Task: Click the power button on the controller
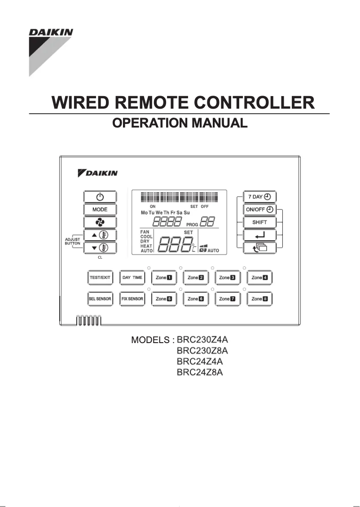[100, 197]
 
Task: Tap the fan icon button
[100, 222]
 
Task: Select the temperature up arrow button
[100, 235]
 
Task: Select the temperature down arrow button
[100, 247]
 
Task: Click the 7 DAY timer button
[260, 197]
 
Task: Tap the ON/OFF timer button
[260, 209]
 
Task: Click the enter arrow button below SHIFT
[260, 234]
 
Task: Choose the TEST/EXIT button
[100, 278]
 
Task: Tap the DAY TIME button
[132, 278]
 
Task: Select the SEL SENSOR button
[100, 299]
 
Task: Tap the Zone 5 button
[164, 299]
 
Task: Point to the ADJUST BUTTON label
[72, 241]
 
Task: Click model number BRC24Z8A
[200, 372]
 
